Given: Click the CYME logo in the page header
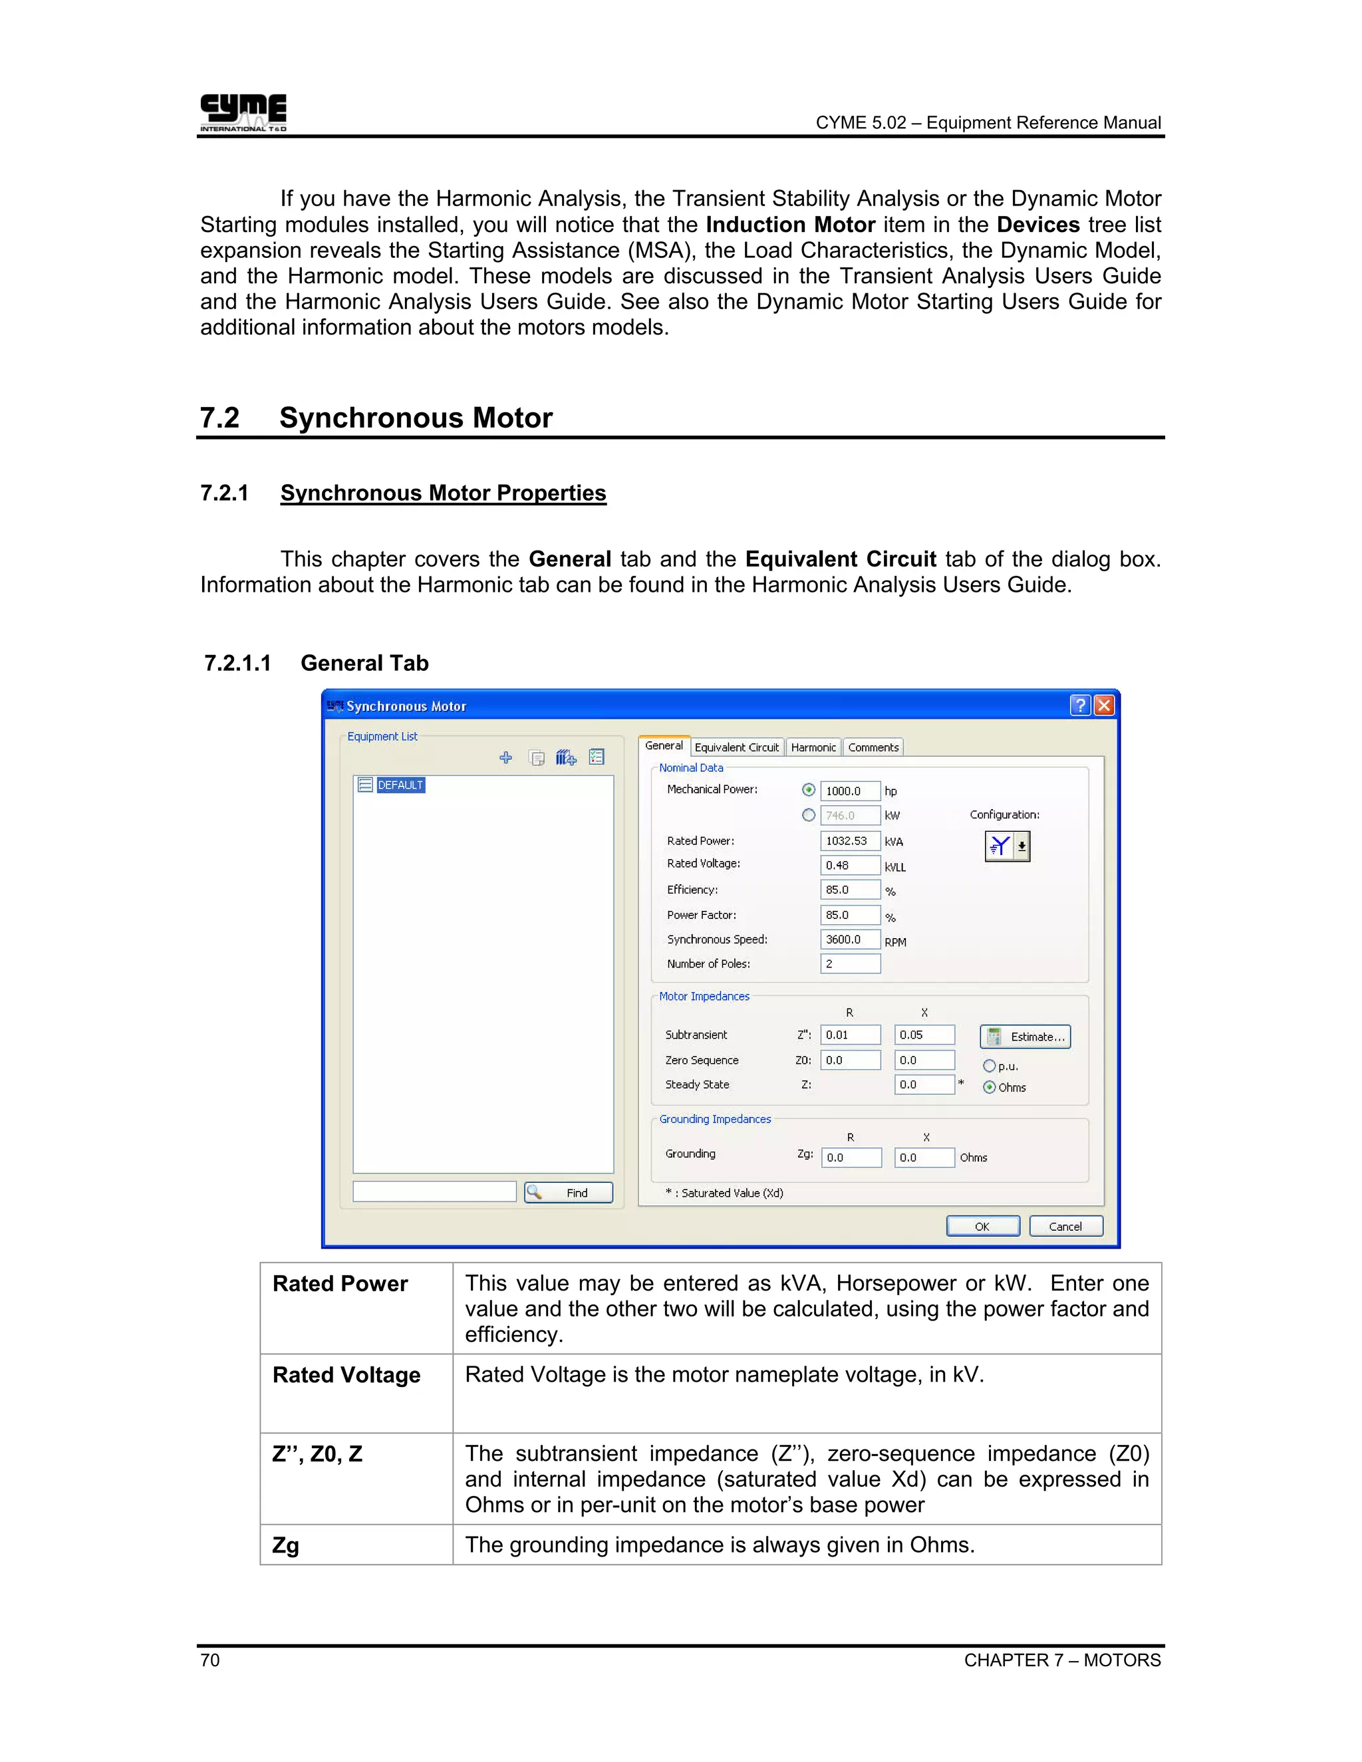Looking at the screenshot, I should click(x=243, y=112).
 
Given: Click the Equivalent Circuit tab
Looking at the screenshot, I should click(x=736, y=747).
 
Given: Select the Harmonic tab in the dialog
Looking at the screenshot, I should click(x=813, y=747).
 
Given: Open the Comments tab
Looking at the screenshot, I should click(x=873, y=747).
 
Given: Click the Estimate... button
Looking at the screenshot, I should click(x=1025, y=1037).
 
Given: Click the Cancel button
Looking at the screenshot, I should click(x=1065, y=1226).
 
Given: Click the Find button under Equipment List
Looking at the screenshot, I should click(x=568, y=1192).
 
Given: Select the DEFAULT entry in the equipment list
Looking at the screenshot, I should click(x=400, y=785).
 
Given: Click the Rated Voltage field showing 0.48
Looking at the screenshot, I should click(x=850, y=865).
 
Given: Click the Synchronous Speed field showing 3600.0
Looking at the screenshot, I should click(x=850, y=939).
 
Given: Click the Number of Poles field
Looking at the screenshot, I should click(x=850, y=963).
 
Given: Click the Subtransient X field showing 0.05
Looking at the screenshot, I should click(x=924, y=1035).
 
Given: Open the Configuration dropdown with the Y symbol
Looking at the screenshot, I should click(x=1021, y=846).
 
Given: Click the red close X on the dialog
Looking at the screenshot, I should click(x=1104, y=706).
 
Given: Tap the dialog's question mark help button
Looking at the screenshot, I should click(x=1079, y=706).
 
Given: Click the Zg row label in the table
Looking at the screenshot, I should click(x=285, y=1545).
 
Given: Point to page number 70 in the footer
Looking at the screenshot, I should click(x=209, y=1660).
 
